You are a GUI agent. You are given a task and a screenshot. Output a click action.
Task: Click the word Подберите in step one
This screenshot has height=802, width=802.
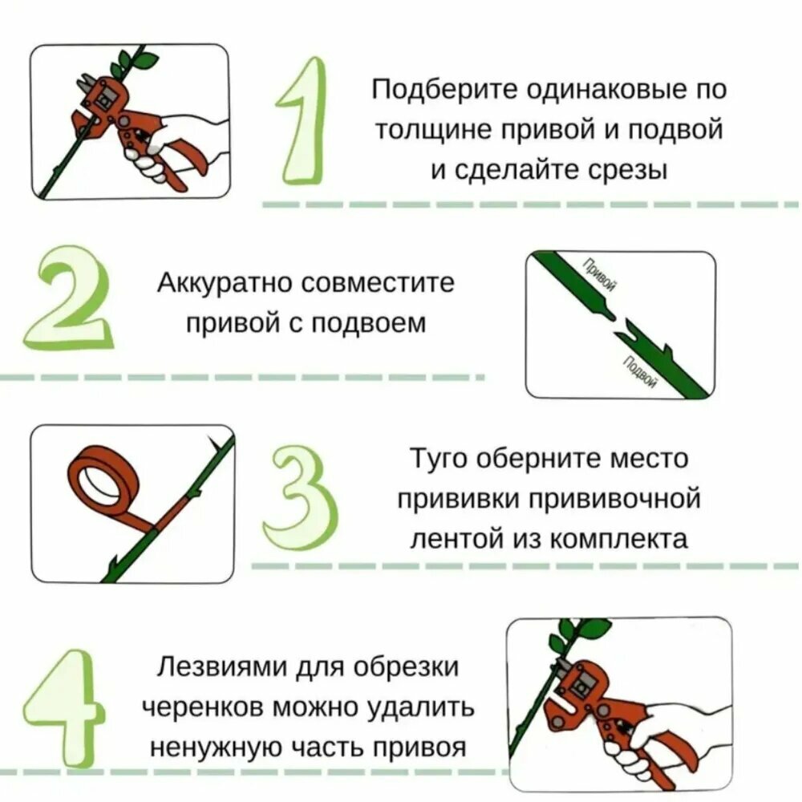[x=445, y=90]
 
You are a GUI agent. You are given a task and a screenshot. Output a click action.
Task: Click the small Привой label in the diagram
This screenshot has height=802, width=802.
[x=599, y=273]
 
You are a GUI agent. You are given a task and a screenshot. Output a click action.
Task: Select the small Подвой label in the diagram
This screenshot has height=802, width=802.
[x=639, y=370]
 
